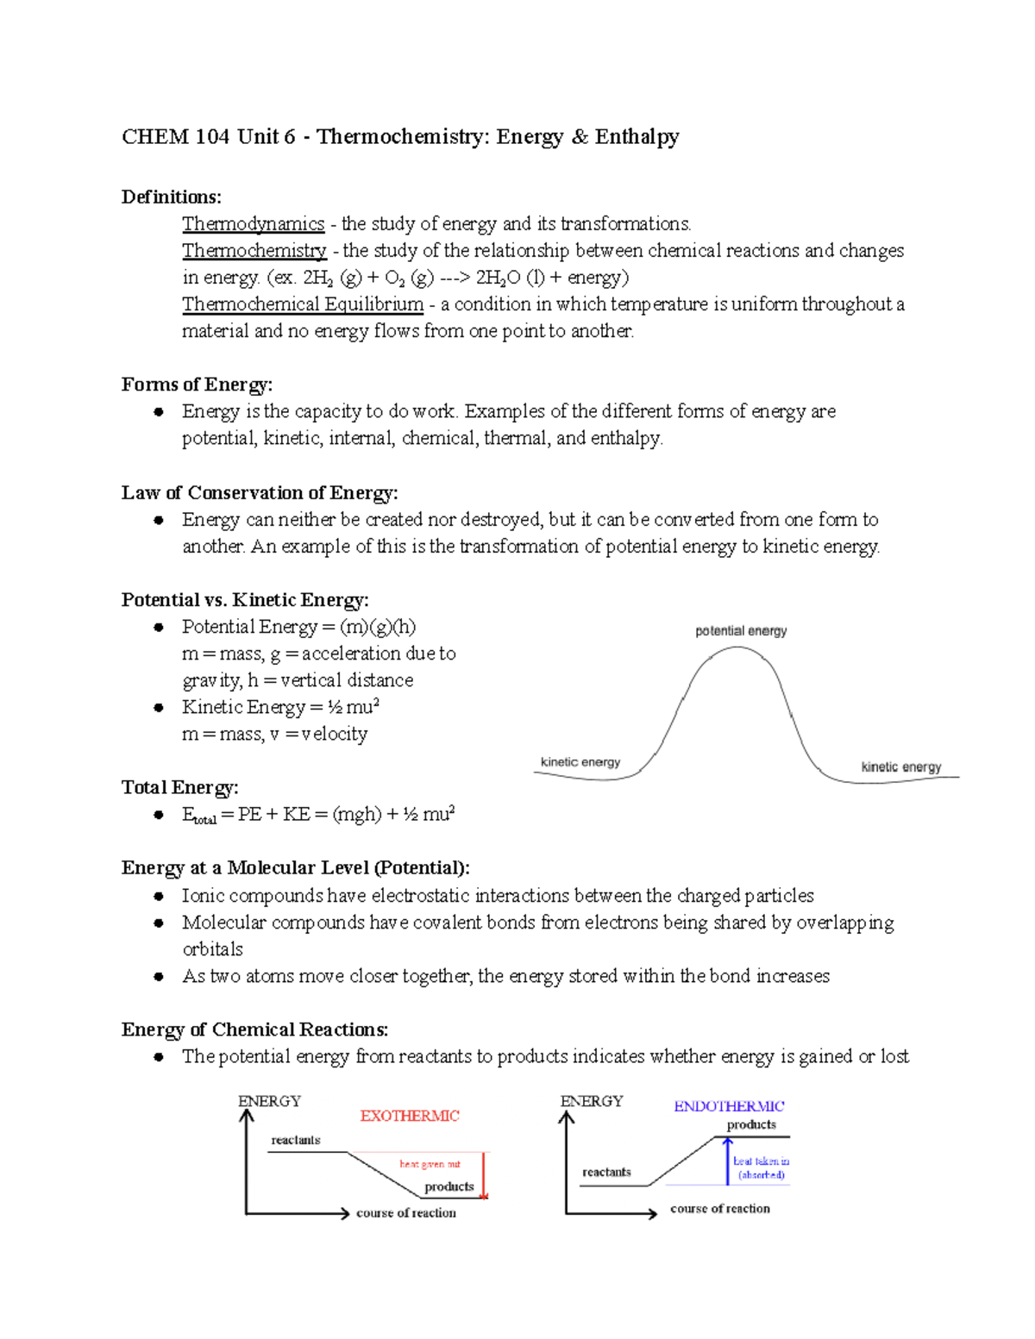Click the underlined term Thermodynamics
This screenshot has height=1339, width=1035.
(253, 224)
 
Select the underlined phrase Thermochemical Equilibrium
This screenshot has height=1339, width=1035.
(303, 304)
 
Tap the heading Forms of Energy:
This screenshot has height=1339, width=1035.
(197, 385)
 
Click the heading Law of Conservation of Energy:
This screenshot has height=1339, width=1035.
(260, 493)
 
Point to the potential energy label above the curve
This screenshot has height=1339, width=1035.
(741, 631)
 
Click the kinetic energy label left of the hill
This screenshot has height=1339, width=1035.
(580, 762)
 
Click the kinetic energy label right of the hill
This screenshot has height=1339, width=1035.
(900, 766)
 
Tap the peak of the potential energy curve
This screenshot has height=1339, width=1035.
(737, 648)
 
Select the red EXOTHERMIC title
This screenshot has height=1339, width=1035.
(409, 1116)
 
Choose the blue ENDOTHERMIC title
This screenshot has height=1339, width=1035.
(729, 1106)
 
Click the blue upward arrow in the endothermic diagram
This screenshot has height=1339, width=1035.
(727, 1161)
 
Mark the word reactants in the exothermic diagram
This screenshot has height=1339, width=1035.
(295, 1140)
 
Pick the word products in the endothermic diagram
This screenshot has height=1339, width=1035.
(750, 1124)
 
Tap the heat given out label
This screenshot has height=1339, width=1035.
(430, 1164)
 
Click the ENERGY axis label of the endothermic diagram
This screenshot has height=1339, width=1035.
(591, 1101)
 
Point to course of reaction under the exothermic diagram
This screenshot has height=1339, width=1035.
(405, 1213)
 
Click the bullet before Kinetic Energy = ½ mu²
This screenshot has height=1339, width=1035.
(159, 708)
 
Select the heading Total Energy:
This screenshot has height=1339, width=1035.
(179, 788)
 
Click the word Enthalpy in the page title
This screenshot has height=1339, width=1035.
(637, 137)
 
